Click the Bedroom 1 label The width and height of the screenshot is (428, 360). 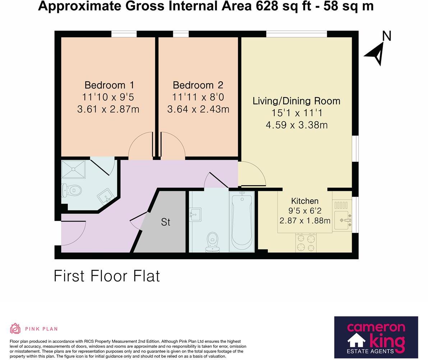coord(109,85)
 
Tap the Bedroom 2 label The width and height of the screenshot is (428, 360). coord(198,85)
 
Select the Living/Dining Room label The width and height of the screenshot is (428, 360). coord(296,101)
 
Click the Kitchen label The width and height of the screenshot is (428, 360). coord(304,201)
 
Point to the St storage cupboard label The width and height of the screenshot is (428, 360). coord(165,222)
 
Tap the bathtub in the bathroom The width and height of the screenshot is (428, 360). coord(242,221)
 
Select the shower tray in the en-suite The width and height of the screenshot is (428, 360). coord(73,169)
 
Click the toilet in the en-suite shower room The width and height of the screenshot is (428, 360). coord(72,190)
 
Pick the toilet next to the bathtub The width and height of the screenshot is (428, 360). coord(212,242)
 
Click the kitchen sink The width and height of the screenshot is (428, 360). coord(342,220)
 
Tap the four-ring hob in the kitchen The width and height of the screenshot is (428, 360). coord(306,243)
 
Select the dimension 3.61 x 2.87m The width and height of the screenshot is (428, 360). coord(108,109)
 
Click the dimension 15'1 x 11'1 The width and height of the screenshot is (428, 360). coord(296,113)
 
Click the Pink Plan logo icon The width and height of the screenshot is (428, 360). coord(15,328)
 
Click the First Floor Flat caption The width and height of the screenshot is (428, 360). coord(107,276)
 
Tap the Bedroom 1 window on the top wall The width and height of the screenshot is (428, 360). coord(124,34)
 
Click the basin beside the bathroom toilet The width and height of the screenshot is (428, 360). coord(196,215)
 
